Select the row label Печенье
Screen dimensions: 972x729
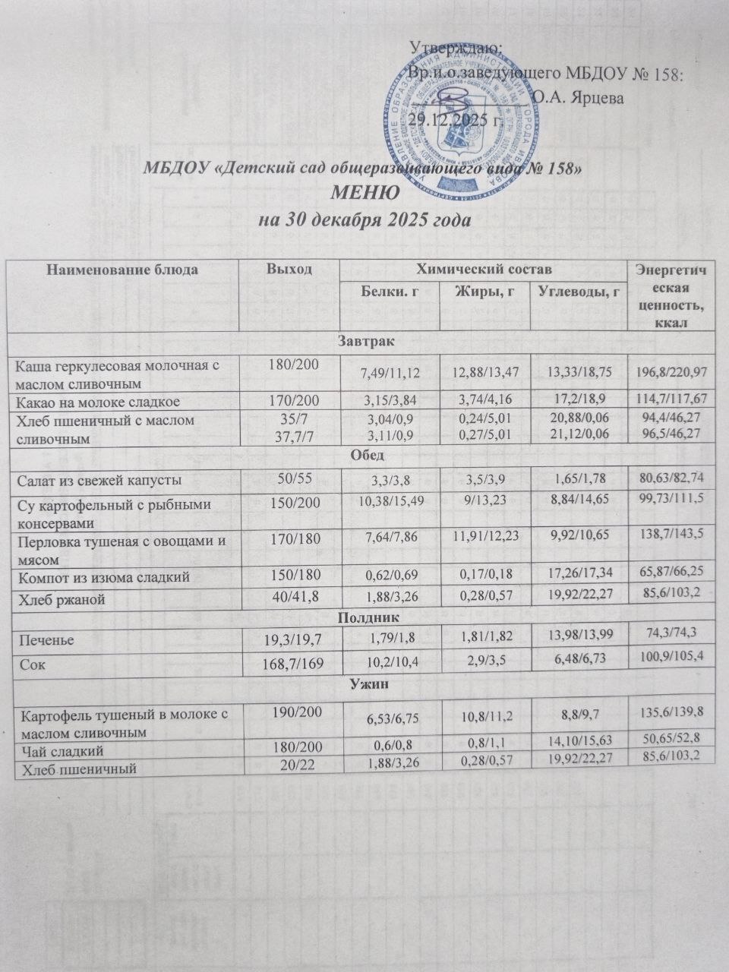point(46,640)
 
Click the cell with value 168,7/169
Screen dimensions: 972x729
point(288,665)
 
